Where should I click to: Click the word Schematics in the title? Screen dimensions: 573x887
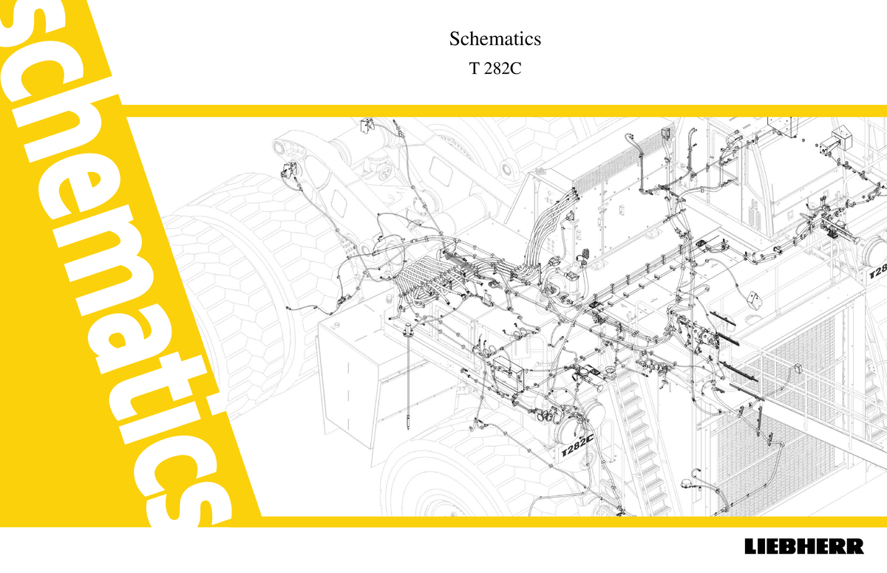(495, 38)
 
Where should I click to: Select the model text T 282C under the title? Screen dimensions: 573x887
(495, 69)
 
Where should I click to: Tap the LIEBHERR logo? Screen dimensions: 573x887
(803, 548)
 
